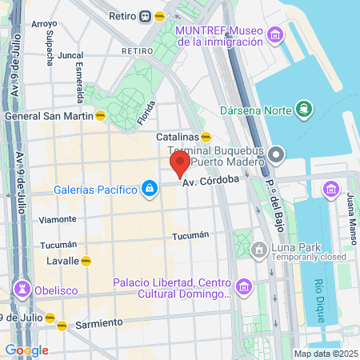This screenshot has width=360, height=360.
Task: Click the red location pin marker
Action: point(179,165)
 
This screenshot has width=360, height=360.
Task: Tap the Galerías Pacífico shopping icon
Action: point(148,188)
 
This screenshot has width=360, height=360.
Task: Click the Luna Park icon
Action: point(259,251)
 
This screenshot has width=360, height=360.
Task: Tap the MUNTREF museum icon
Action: point(276,35)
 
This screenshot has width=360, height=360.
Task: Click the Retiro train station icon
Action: point(146,15)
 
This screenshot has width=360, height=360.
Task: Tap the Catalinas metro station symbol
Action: point(206,137)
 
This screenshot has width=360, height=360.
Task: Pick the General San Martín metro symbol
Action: point(100,115)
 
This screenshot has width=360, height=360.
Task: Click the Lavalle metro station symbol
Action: point(86,260)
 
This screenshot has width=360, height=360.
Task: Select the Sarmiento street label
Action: point(100,322)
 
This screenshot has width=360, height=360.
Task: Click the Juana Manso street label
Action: point(352,218)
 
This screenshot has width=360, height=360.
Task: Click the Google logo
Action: point(26,350)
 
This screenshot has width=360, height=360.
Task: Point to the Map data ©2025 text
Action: point(325,354)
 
